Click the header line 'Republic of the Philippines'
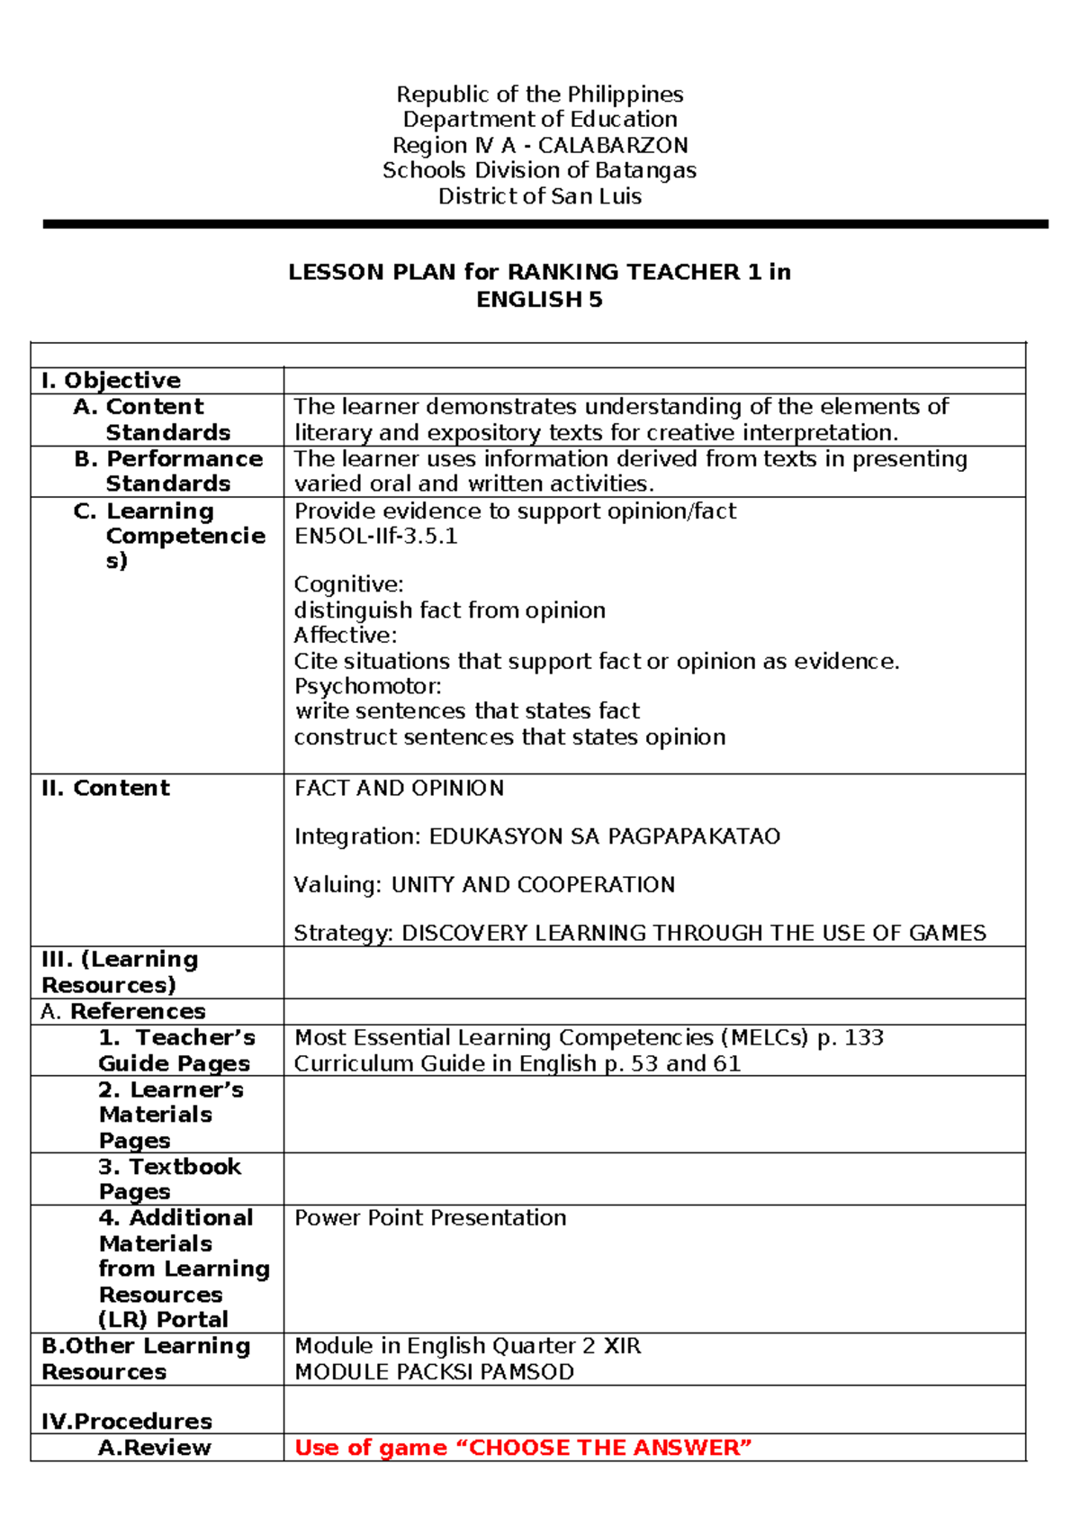(540, 95)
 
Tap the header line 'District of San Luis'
(540, 196)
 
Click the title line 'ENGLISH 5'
(539, 300)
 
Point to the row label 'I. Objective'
(111, 381)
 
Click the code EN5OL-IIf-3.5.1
(375, 537)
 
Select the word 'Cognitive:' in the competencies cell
(348, 584)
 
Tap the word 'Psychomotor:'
(367, 686)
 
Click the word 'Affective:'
(345, 635)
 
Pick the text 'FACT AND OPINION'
(399, 789)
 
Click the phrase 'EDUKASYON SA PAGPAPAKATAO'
(604, 836)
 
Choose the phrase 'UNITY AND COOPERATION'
(533, 885)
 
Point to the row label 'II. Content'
(105, 789)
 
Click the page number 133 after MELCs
(864, 1038)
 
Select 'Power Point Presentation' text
(430, 1218)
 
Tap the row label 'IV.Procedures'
(127, 1422)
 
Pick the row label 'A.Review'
(155, 1448)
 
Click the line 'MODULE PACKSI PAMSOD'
(434, 1372)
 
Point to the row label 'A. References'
(123, 1012)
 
